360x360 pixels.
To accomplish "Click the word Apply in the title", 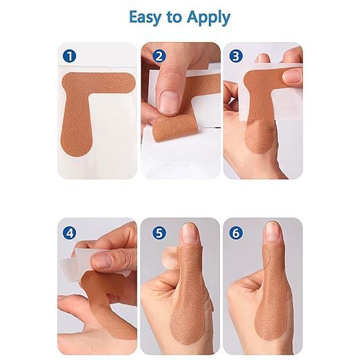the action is [208, 18].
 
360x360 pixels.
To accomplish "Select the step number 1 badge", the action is [69, 56].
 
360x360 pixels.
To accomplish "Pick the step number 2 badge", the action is [159, 56].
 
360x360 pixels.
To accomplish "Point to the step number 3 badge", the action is [236, 56].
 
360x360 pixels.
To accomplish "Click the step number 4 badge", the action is [69, 233].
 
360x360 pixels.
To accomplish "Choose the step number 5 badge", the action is [159, 233].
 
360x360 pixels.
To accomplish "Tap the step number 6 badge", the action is [236, 233].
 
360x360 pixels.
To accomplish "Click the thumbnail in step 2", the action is [170, 102].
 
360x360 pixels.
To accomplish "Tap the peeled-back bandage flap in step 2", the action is [175, 128].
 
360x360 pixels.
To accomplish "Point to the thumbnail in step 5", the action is [189, 233].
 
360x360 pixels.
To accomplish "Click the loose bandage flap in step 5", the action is [170, 257].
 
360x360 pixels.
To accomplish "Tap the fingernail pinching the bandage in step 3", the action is [292, 77].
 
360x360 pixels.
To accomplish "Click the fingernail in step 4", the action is [103, 261].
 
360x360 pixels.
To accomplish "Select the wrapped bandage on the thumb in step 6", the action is [271, 299].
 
